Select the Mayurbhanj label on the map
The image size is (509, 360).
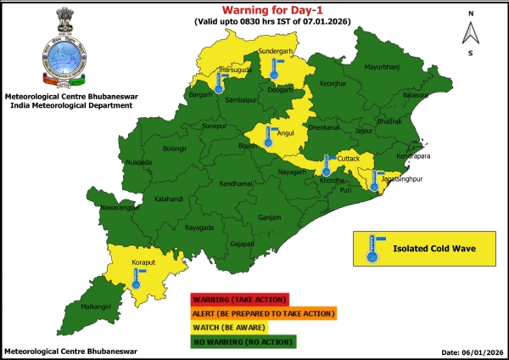(381, 65)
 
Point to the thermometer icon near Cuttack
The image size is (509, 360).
(327, 162)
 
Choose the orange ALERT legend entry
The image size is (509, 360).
(263, 313)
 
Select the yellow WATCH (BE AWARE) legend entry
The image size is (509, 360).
(230, 327)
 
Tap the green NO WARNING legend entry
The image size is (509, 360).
(242, 341)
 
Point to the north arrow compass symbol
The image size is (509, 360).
(469, 32)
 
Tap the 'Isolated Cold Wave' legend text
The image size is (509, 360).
(432, 249)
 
